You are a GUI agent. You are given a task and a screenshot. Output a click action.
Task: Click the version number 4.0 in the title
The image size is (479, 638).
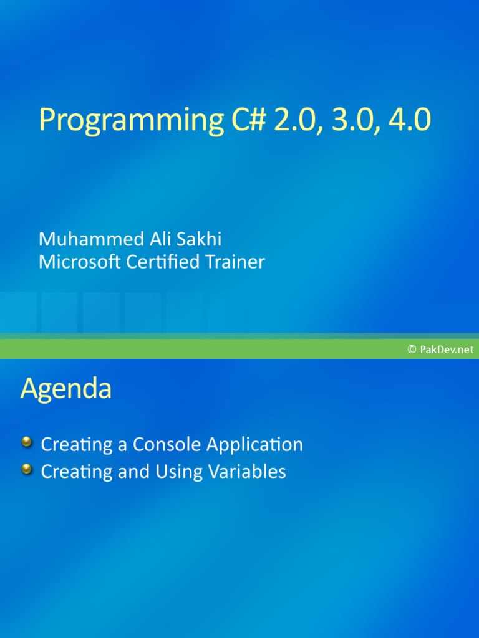click(x=409, y=120)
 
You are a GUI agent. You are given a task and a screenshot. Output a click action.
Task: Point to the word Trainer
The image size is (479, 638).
click(x=236, y=262)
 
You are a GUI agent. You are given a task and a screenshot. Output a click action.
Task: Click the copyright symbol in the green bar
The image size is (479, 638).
click(x=412, y=350)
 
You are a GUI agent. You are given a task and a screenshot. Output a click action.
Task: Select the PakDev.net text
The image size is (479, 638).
click(x=447, y=350)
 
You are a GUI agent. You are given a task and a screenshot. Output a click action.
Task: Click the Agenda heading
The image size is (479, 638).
click(x=66, y=389)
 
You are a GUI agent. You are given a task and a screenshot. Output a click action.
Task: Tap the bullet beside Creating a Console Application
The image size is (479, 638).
click(x=27, y=443)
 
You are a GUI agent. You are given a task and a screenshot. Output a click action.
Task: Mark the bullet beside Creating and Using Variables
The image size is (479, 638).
click(x=27, y=469)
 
